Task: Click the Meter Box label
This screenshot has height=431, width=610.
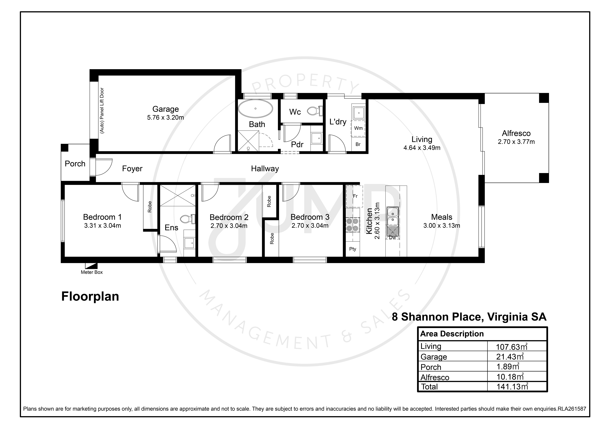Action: click(92, 272)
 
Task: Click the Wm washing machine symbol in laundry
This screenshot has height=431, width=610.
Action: click(358, 128)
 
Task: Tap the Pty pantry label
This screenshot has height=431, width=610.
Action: click(353, 249)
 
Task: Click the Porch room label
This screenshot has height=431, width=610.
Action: click(75, 164)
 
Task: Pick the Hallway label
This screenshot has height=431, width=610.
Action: click(265, 169)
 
